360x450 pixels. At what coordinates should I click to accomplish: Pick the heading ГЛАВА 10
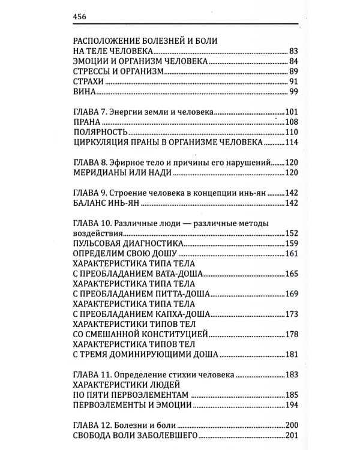[94, 223]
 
